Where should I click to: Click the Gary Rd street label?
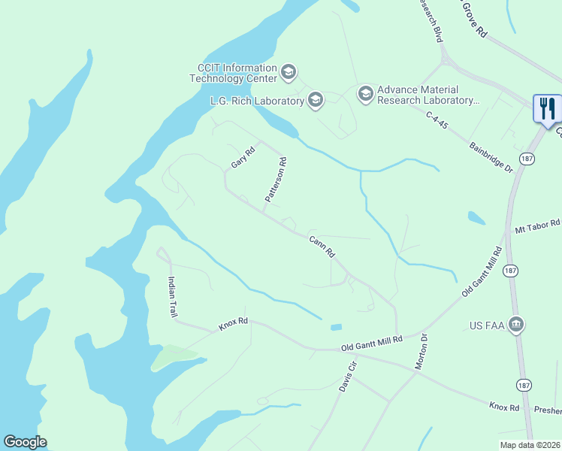(243, 157)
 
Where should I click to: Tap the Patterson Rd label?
(276, 179)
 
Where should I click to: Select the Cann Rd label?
(322, 247)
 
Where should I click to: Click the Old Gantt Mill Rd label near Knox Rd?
(372, 341)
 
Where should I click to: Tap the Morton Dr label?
(422, 352)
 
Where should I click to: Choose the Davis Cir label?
(346, 377)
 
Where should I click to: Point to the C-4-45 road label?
(436, 120)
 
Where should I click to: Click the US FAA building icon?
(516, 325)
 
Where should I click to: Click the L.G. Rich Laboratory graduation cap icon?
(315, 100)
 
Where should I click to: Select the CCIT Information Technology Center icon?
(288, 73)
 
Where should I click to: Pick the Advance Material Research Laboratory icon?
(365, 93)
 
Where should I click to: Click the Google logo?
(25, 442)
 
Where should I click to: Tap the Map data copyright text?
(530, 445)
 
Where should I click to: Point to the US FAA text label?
(485, 325)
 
